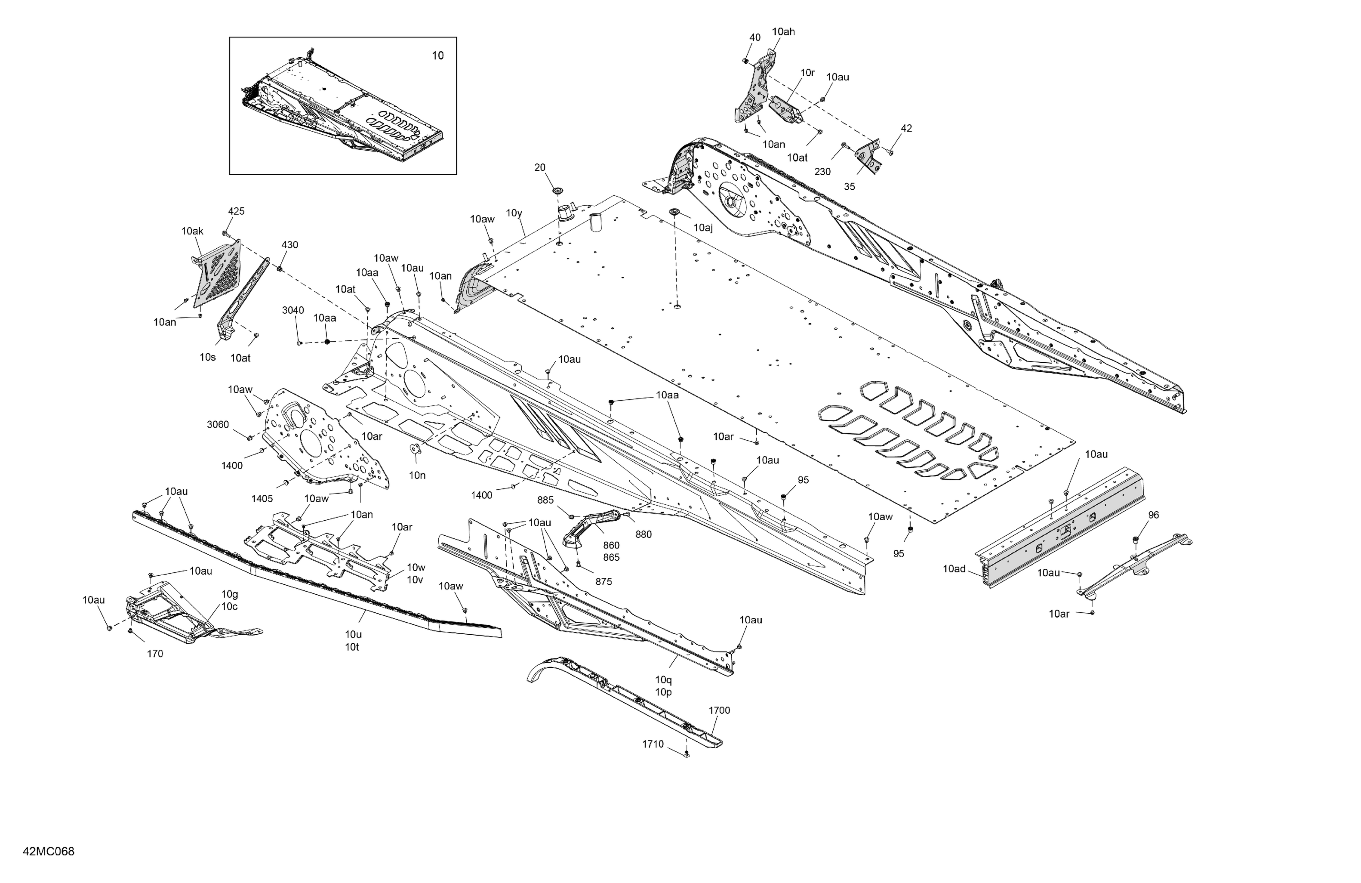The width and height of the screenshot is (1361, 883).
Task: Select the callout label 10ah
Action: click(783, 31)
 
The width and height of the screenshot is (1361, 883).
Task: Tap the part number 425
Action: click(236, 211)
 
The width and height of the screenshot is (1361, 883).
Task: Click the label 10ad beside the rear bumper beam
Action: click(954, 569)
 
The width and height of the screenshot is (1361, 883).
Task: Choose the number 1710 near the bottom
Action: click(652, 744)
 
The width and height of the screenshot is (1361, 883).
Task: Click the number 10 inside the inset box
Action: click(437, 55)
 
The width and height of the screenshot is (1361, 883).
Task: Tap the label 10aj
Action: click(703, 228)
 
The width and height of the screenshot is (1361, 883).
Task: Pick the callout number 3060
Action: click(217, 424)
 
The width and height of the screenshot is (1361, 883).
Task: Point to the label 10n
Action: click(417, 475)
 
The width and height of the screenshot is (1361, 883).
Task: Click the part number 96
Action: click(1153, 515)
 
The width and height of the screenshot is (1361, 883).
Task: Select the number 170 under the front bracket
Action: click(155, 654)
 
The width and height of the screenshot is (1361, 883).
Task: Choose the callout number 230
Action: click(822, 172)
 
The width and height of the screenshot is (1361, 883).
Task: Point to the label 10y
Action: click(514, 213)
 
